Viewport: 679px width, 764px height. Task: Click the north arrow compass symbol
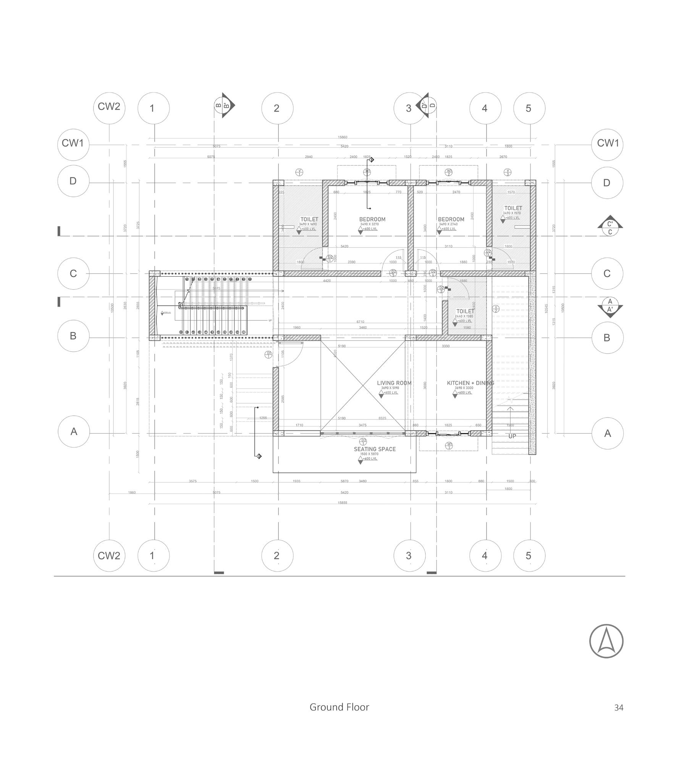[x=606, y=641]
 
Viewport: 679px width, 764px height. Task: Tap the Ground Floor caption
[x=339, y=707]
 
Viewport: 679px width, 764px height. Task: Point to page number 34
[x=619, y=708]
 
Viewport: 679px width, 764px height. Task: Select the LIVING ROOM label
[x=394, y=383]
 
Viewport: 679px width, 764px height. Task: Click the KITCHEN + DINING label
[x=470, y=383]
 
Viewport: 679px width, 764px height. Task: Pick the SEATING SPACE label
[x=374, y=449]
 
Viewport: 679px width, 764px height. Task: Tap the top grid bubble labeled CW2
[x=109, y=107]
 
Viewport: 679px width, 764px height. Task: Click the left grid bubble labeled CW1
[x=73, y=144]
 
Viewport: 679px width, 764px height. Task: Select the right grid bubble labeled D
[x=607, y=183]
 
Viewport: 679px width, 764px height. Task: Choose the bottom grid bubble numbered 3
[x=409, y=555]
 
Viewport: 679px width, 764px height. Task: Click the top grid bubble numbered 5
[x=529, y=108]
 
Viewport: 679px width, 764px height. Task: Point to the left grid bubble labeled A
[x=74, y=432]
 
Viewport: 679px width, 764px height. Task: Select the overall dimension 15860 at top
[x=343, y=137]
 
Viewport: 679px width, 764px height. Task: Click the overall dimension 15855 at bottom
[x=343, y=503]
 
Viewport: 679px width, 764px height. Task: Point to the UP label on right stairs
[x=512, y=436]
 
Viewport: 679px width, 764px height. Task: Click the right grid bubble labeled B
[x=607, y=338]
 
